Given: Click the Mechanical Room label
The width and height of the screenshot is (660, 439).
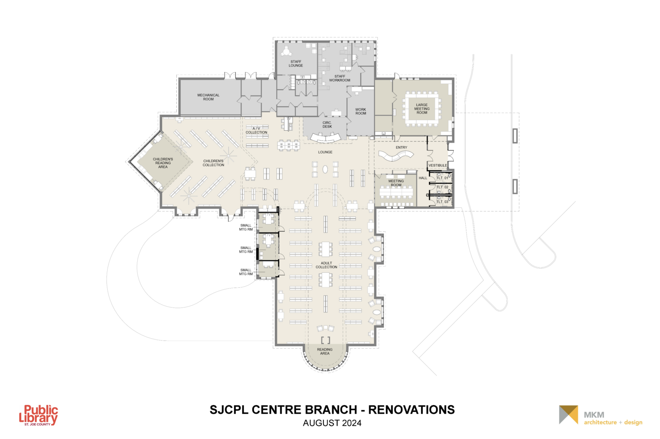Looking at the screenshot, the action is click(208, 97).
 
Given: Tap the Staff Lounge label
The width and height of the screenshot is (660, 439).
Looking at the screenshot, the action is click(296, 63).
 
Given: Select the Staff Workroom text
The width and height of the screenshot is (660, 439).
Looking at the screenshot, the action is click(340, 78).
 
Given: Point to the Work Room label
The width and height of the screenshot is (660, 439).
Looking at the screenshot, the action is click(361, 111).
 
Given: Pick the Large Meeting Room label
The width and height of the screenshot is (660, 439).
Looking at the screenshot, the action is click(422, 109).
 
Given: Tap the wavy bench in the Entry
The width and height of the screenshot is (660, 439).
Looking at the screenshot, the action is click(396, 156).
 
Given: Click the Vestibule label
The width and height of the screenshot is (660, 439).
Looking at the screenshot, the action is click(437, 165).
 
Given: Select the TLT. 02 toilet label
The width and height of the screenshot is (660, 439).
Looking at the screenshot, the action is click(442, 187).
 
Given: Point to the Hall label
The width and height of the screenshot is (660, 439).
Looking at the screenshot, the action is click(423, 178).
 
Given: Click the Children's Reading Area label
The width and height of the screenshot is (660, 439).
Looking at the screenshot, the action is click(163, 163).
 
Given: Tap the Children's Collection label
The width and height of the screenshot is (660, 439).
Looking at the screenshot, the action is click(213, 163).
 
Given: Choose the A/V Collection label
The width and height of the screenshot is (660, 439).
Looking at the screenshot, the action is click(256, 130).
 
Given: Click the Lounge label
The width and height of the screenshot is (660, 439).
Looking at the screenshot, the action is click(325, 152).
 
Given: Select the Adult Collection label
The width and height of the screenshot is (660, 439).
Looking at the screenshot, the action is click(326, 265).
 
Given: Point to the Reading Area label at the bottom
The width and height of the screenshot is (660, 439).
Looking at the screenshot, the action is click(325, 352).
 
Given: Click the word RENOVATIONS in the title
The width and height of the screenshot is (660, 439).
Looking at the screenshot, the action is click(412, 410).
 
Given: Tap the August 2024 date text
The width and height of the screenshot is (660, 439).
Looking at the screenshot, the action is click(332, 423).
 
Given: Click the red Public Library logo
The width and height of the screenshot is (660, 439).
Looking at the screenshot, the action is click(39, 415).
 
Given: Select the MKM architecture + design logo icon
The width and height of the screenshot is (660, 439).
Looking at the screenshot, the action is click(569, 415).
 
